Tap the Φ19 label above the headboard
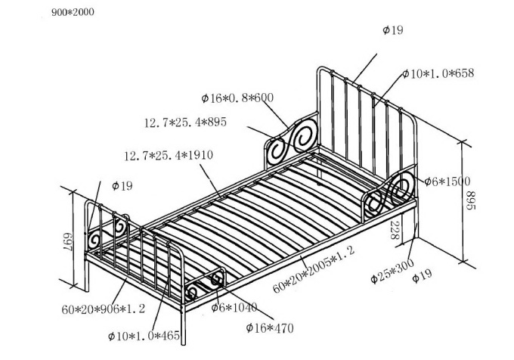[x=393, y=30]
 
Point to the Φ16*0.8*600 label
[x=237, y=98]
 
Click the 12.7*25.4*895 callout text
[x=185, y=121]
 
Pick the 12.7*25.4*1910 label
[x=169, y=156]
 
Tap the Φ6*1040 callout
[x=234, y=308]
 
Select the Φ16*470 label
[x=269, y=327]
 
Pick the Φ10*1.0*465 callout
[x=143, y=335]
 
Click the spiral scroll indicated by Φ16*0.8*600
[x=290, y=140]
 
